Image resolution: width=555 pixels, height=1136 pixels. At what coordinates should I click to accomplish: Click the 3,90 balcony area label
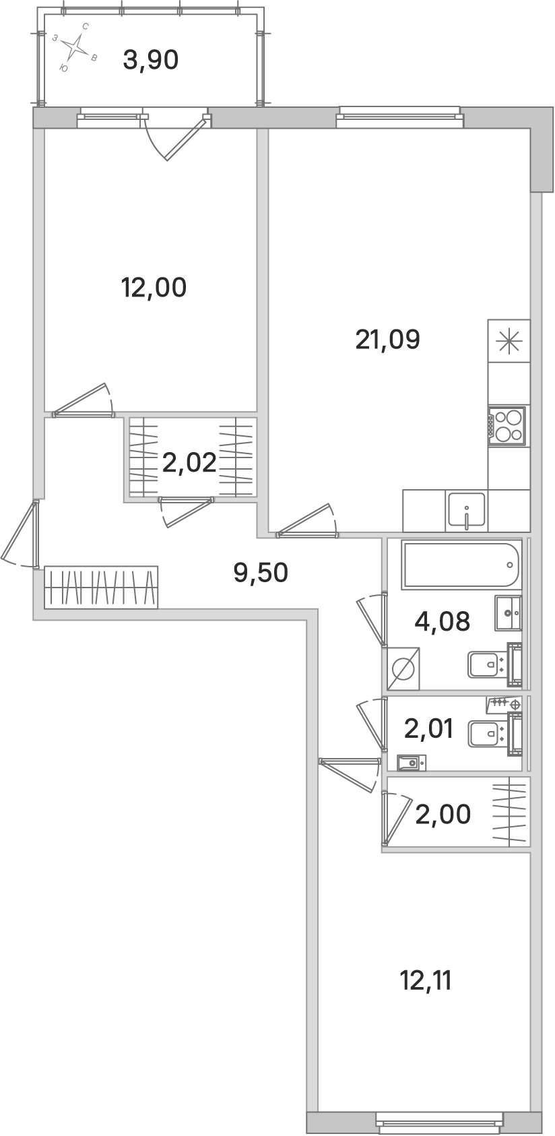tap(150, 61)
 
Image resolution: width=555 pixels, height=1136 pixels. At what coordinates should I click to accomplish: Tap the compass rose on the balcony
tap(75, 46)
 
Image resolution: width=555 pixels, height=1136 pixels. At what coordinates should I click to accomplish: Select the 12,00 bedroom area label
tap(154, 288)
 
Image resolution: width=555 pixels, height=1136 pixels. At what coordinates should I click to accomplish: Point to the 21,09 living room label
tap(388, 340)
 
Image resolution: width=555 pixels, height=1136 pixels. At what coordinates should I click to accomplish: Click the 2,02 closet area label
tap(189, 462)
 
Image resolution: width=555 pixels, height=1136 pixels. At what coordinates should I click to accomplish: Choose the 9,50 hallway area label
tap(261, 573)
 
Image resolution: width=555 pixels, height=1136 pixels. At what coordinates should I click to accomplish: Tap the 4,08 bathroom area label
tap(443, 621)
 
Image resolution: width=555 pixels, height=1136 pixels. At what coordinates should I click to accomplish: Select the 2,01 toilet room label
tap(428, 729)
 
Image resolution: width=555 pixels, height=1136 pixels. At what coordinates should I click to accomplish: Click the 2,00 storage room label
tap(443, 815)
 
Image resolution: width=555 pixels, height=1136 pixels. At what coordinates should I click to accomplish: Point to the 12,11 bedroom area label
tap(426, 981)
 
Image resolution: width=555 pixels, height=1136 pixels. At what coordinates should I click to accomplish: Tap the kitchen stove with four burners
tap(507, 426)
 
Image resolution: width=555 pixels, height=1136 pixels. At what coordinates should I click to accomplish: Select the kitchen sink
tap(466, 510)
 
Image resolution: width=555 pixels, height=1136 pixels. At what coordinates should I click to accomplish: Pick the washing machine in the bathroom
tap(403, 668)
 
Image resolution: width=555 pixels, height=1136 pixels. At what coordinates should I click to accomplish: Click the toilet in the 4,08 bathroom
tap(494, 664)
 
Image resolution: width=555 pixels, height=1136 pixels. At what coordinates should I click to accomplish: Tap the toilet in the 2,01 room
tap(494, 733)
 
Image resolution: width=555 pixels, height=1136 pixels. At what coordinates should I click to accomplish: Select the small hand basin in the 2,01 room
tap(411, 763)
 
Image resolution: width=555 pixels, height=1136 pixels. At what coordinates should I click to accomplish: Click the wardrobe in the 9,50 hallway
tap(102, 588)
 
